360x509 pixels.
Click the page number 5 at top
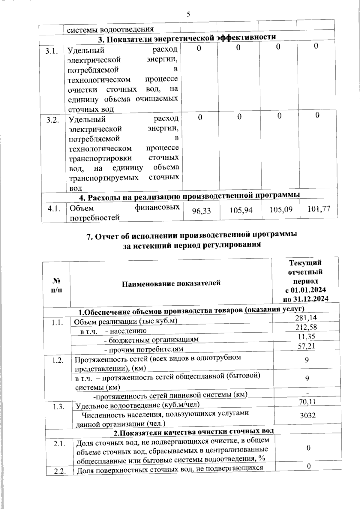coord(188,14)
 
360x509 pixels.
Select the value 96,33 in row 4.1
coord(201,211)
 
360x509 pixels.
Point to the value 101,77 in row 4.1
coord(319,208)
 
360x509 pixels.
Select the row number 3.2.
coord(52,120)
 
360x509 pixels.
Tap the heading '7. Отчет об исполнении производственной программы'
coord(191,235)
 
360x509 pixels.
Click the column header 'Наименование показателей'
coord(171,283)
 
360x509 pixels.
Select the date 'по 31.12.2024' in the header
coord(305,299)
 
